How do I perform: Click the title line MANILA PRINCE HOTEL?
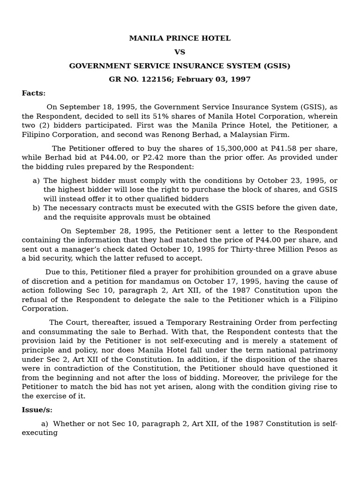coord(180,38)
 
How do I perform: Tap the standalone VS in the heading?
coord(180,52)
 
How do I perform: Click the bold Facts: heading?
coord(34,93)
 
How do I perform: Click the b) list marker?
coord(36,208)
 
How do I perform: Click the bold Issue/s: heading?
coord(37,410)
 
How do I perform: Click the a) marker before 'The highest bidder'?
coord(36,181)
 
